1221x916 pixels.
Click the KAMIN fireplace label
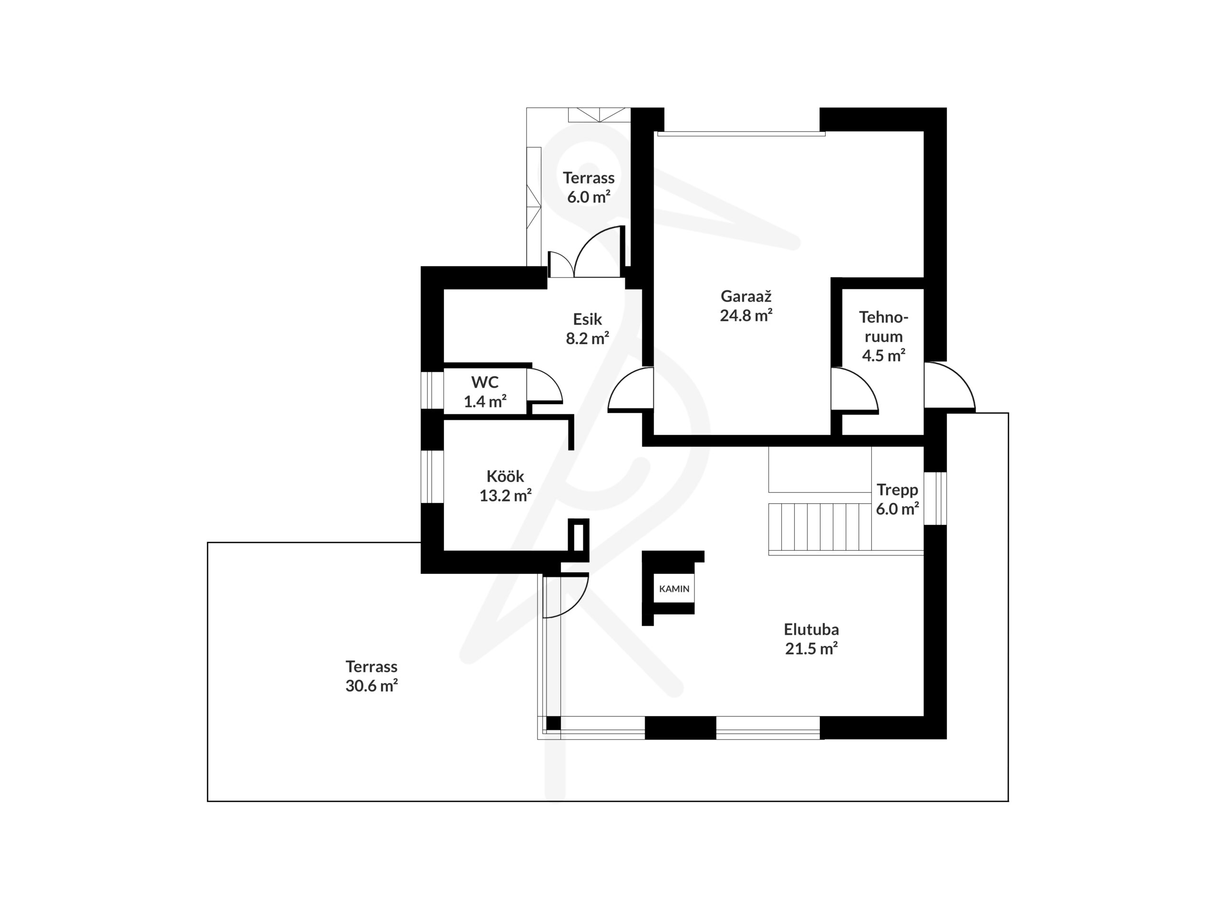tap(674, 589)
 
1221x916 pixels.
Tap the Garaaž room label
tap(746, 296)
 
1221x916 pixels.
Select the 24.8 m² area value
tap(746, 315)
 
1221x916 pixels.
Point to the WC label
tap(485, 382)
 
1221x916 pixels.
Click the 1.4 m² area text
tap(485, 401)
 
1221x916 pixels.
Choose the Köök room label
tap(505, 476)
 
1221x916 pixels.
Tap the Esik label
tap(587, 319)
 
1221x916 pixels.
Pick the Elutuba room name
tap(811, 629)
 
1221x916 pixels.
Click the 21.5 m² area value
tap(811, 649)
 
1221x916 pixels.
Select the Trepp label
tap(897, 490)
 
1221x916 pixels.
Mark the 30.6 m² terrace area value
tap(372, 686)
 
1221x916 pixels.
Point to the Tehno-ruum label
tap(883, 327)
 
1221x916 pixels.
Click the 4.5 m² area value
tap(883, 355)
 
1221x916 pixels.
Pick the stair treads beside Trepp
tap(820, 527)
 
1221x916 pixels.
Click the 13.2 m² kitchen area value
tap(505, 496)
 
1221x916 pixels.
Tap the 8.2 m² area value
tap(587, 338)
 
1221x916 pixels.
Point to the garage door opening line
tap(741, 133)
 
